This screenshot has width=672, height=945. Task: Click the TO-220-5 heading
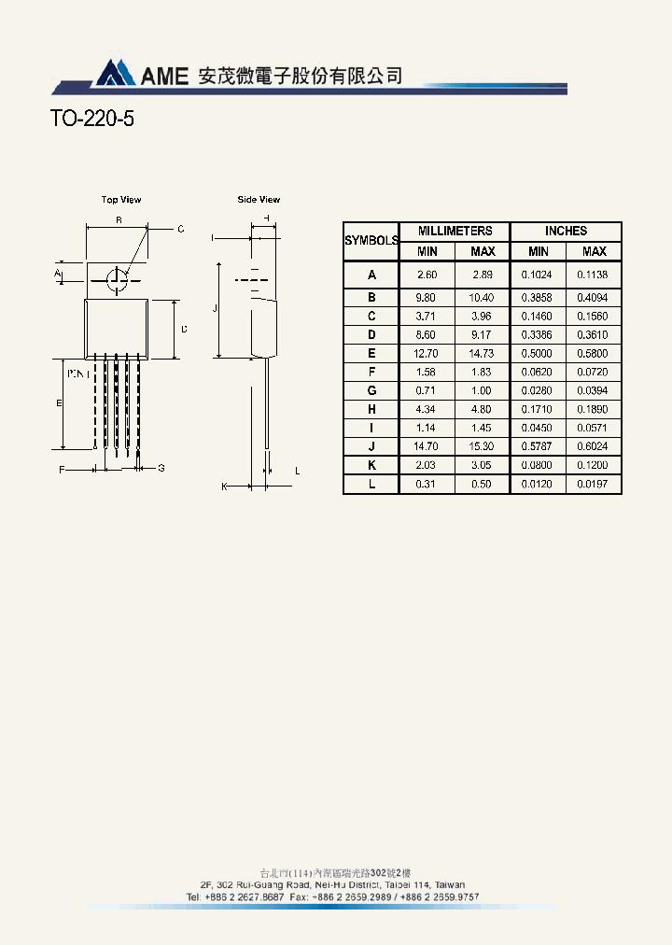(91, 120)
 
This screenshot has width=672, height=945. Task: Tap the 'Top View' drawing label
(121, 200)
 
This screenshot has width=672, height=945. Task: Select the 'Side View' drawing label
(259, 200)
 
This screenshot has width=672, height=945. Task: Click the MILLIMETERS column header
(455, 231)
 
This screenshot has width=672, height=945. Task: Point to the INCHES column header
(566, 231)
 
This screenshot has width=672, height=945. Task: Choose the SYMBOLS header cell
(371, 241)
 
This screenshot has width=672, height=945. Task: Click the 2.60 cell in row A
(427, 275)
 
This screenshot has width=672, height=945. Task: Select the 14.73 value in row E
(482, 354)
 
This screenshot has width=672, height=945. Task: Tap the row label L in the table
(371, 484)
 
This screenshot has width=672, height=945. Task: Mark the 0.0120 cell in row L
(538, 484)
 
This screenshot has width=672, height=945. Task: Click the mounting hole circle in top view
(118, 278)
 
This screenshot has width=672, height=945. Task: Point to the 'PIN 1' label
(78, 373)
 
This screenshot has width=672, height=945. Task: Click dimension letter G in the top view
(161, 468)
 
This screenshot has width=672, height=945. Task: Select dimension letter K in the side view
(224, 487)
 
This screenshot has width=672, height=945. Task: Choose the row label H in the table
(371, 409)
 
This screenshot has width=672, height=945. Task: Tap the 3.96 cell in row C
(482, 317)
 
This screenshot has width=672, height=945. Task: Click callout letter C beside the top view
(180, 229)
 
